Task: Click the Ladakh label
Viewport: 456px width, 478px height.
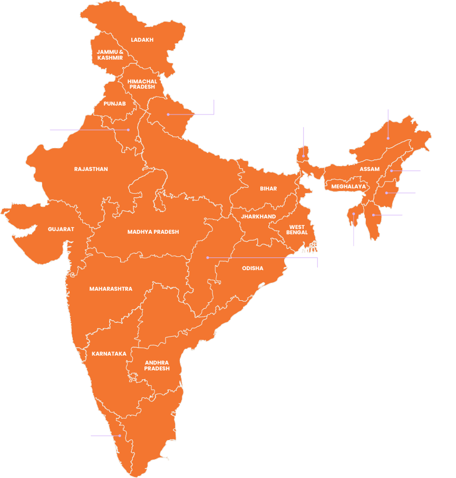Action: [142, 40]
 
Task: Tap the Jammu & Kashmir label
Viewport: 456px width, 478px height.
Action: [110, 55]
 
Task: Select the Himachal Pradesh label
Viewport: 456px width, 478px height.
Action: [142, 84]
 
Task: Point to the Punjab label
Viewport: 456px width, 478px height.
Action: [114, 104]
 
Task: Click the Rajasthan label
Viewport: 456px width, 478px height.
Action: [91, 169]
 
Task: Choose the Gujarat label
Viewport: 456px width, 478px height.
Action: [61, 229]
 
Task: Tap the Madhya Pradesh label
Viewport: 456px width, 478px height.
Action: [153, 232]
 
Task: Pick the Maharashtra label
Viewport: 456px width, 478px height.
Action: [111, 289]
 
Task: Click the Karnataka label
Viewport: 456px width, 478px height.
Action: [109, 353]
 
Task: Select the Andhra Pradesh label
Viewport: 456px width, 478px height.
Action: [157, 366]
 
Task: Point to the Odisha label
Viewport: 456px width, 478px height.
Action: [253, 268]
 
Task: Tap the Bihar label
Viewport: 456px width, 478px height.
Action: [268, 188]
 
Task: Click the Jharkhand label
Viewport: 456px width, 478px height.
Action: [258, 216]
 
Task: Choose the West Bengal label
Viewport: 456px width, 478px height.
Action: [297, 230]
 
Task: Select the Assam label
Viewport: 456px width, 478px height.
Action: [370, 169]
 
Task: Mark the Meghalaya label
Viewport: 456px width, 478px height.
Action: [348, 186]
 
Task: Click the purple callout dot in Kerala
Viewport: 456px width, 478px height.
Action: [120, 436]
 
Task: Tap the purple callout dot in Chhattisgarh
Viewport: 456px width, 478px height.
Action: [208, 257]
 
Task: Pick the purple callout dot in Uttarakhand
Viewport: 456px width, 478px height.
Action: [168, 114]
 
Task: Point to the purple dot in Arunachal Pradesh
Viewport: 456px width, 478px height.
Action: [388, 138]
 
